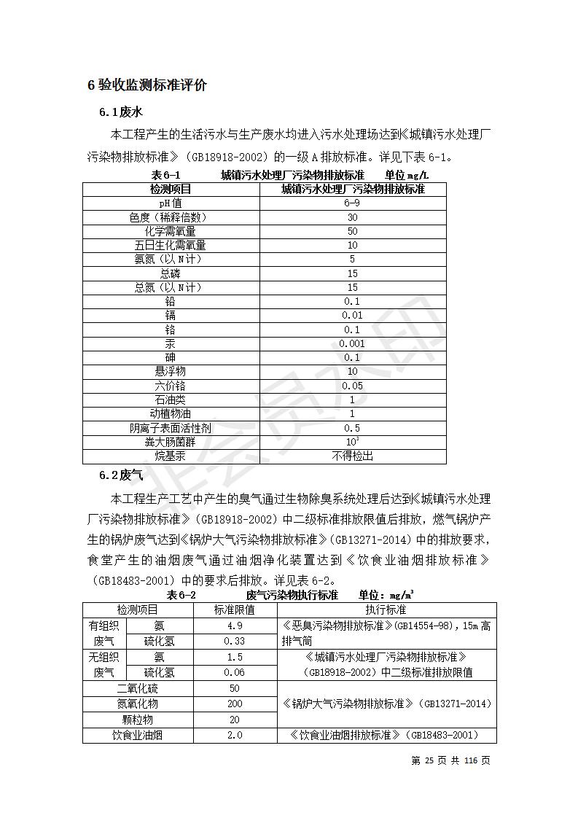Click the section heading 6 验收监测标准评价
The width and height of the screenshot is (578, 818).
point(147,85)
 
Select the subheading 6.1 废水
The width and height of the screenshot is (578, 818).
point(120,112)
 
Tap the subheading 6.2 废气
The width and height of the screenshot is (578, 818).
point(120,475)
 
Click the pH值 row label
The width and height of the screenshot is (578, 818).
point(171,203)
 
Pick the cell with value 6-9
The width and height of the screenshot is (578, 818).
point(352,203)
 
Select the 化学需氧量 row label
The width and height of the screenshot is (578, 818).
point(171,231)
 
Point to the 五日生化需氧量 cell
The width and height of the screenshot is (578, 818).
point(171,245)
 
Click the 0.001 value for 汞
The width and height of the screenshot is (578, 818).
point(352,343)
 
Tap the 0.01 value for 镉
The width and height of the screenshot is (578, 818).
point(352,315)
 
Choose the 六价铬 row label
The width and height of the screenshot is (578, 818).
point(171,386)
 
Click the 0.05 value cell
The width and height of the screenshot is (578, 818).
point(352,386)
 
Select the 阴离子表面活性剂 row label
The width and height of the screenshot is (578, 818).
point(171,428)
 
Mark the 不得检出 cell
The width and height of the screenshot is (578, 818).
point(352,456)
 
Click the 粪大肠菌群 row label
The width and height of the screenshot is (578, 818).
point(171,442)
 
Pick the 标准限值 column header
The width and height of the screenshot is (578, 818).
point(235,609)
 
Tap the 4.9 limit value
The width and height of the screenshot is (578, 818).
point(235,626)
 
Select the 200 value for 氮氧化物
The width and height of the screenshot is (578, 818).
point(235,704)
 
